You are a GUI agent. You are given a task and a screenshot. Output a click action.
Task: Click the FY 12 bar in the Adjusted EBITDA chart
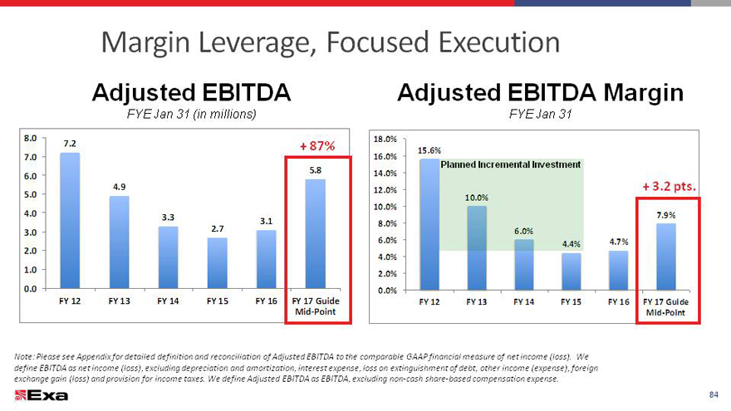71,220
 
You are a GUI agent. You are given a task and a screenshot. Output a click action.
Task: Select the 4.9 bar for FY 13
120,242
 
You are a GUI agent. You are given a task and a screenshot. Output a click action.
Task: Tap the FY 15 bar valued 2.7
218,262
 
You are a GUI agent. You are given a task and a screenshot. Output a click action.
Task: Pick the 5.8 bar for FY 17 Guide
316,233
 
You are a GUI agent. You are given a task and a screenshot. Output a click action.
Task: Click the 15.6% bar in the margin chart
429,224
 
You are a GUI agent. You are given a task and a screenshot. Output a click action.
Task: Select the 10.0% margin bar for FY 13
477,247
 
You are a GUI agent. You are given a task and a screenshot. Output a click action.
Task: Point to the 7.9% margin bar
666,257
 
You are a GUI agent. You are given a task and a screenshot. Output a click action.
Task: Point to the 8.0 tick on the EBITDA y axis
29,139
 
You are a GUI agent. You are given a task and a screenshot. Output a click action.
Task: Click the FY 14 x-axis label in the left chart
168,301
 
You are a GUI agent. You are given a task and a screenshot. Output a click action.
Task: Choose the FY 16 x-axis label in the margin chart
618,301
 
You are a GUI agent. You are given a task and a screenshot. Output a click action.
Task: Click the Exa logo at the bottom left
42,395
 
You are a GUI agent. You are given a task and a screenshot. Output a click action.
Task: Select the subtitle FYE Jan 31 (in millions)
191,114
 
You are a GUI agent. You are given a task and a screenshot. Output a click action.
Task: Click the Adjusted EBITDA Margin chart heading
541,92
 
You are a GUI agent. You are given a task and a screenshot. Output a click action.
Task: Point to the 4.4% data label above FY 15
571,244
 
